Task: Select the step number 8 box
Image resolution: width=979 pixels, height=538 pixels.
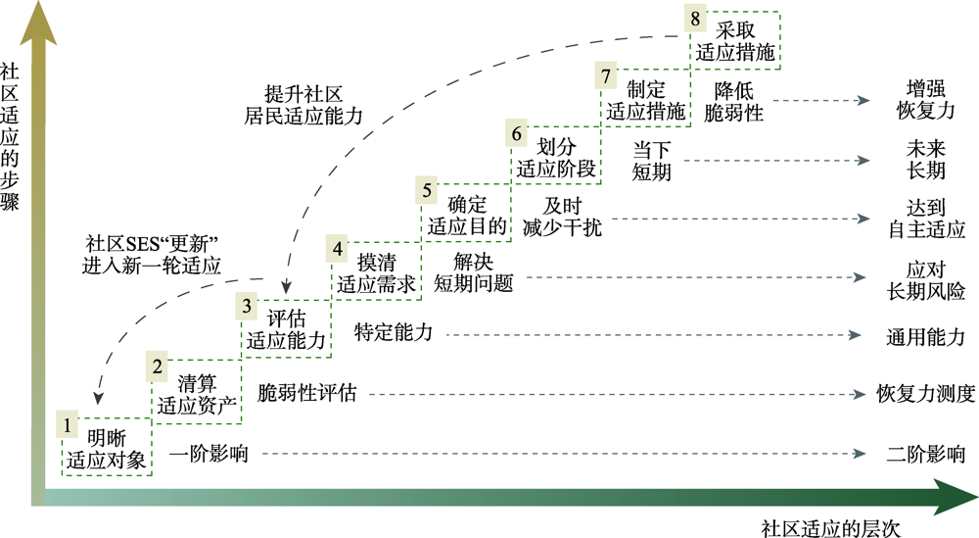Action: [696, 20]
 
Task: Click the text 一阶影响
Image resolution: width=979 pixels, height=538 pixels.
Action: [208, 454]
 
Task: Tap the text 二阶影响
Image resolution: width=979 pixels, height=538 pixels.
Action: [925, 454]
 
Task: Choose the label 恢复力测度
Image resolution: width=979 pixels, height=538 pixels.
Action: [925, 394]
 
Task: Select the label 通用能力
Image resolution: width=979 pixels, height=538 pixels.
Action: [925, 336]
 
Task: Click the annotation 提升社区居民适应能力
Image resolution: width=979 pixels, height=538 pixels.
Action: [303, 104]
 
